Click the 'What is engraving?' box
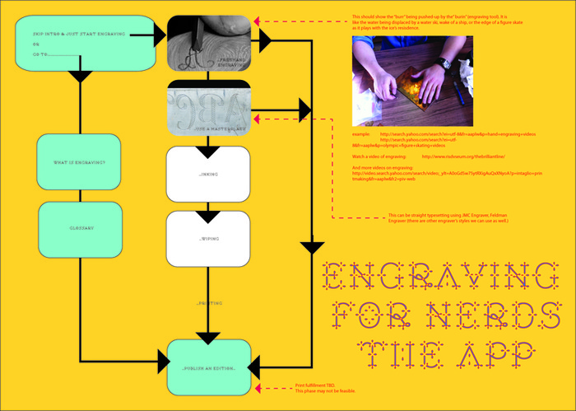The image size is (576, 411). tap(81, 162)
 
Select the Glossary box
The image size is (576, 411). tap(81, 228)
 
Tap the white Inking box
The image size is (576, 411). tap(209, 174)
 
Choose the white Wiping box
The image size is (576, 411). tap(209, 238)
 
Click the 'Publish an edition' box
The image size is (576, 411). tap(209, 367)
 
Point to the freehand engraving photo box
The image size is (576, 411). tap(209, 41)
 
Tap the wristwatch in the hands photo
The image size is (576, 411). tap(445, 63)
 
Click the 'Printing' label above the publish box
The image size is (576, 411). tap(209, 304)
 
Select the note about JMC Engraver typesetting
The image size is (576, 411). tap(447, 218)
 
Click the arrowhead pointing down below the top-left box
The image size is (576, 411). tap(81, 77)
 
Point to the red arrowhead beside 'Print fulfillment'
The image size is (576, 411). tap(258, 386)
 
